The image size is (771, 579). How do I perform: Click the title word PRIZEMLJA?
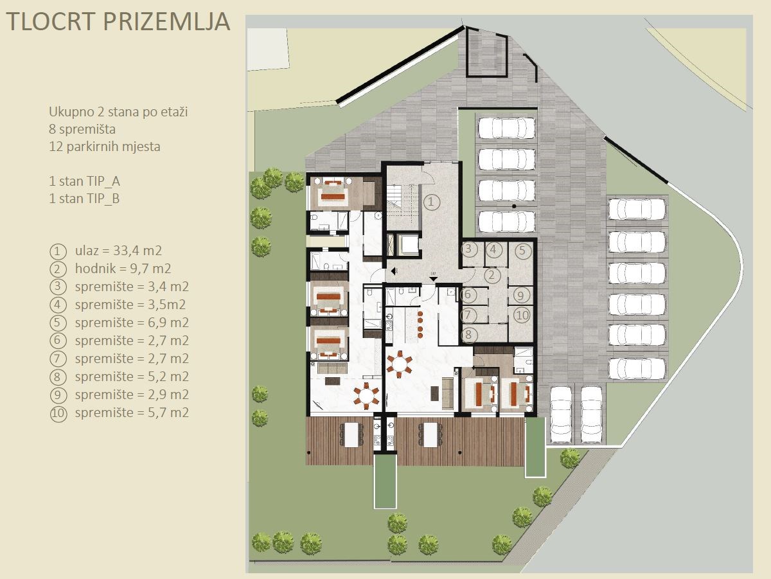[166, 21]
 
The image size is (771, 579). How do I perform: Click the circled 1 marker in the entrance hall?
[431, 202]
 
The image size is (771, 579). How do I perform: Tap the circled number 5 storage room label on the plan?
[522, 251]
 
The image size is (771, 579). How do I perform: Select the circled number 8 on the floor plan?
[468, 334]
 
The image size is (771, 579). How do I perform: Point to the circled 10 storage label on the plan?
[522, 315]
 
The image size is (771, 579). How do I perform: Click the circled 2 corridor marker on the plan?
[492, 275]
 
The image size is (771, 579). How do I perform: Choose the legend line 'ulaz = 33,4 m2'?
[118, 251]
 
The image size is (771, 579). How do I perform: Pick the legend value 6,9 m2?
[168, 323]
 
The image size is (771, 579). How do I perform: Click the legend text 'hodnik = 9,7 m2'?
[123, 269]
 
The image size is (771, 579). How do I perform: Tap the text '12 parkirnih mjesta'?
[105, 146]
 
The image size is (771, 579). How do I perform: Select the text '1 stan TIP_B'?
[84, 199]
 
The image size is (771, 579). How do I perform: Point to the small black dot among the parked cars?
[514, 206]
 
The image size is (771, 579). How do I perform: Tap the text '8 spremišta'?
[82, 129]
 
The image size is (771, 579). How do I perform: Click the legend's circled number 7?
[58, 359]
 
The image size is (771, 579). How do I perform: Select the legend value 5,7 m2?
[168, 413]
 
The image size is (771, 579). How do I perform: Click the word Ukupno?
[69, 112]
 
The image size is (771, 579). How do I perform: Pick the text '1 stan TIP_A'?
[85, 181]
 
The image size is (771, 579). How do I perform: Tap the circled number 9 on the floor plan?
[521, 296]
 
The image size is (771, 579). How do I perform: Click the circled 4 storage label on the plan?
[493, 249]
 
